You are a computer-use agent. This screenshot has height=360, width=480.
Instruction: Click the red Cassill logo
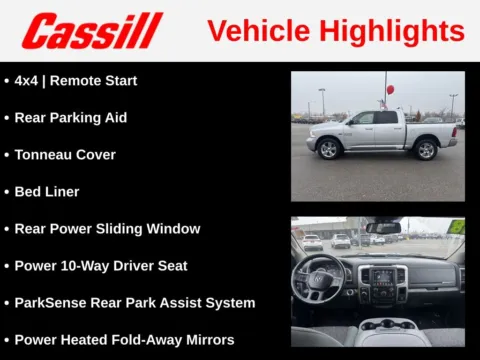[92, 31]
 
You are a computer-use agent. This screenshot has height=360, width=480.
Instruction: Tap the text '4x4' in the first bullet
[27, 80]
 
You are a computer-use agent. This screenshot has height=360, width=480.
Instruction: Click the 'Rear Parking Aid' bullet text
[70, 117]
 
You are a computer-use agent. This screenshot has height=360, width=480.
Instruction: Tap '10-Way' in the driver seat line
[84, 266]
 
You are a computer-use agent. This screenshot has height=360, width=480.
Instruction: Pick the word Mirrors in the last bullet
[205, 340]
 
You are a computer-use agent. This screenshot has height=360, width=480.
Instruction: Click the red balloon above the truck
[390, 89]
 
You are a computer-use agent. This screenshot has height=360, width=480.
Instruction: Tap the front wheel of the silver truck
[329, 149]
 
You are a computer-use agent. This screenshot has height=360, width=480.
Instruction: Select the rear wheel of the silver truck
[427, 149]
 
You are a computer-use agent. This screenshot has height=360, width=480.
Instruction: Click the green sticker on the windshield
[456, 226]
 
